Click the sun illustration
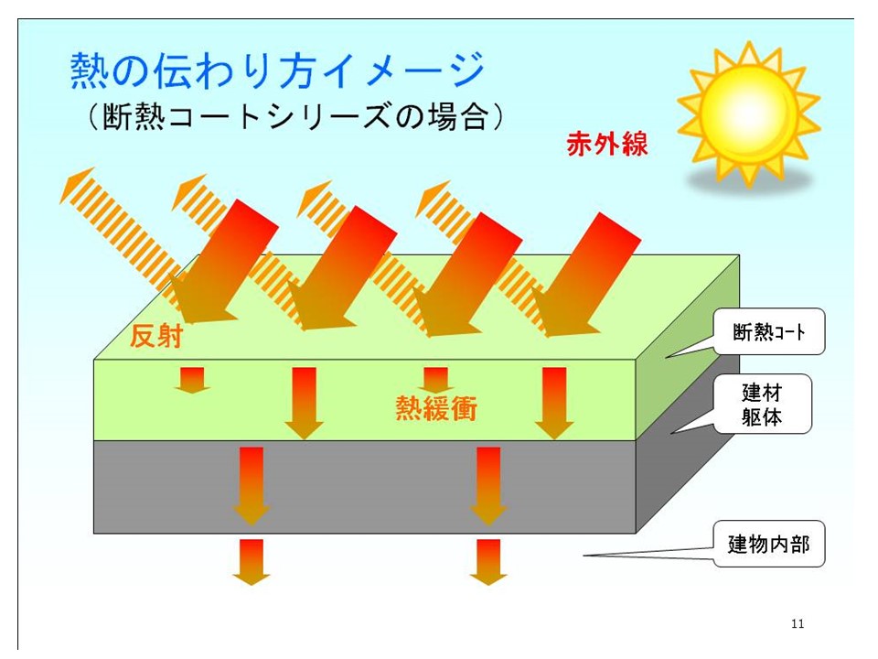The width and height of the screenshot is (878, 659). point(749,112)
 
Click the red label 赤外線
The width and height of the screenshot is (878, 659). point(607,144)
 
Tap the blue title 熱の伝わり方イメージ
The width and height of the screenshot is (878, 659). point(277,70)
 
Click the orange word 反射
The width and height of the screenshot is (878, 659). point(156,336)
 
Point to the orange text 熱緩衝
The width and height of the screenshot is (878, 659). point(436,407)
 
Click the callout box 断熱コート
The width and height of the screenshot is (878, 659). point(769,331)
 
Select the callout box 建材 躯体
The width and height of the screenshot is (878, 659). point(762,404)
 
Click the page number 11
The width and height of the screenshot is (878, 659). point(798,623)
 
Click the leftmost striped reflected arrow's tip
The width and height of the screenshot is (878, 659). point(60,200)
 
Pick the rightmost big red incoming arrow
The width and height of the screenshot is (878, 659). point(585,275)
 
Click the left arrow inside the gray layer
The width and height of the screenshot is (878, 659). point(252,486)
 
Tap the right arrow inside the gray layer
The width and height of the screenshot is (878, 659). point(488,486)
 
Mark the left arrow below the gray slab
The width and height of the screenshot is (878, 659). point(252,562)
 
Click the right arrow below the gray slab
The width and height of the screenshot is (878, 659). point(488,562)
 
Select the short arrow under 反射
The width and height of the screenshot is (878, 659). point(192,381)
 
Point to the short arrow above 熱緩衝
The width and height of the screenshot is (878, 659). point(435,381)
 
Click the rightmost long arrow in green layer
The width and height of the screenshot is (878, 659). point(554,404)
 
